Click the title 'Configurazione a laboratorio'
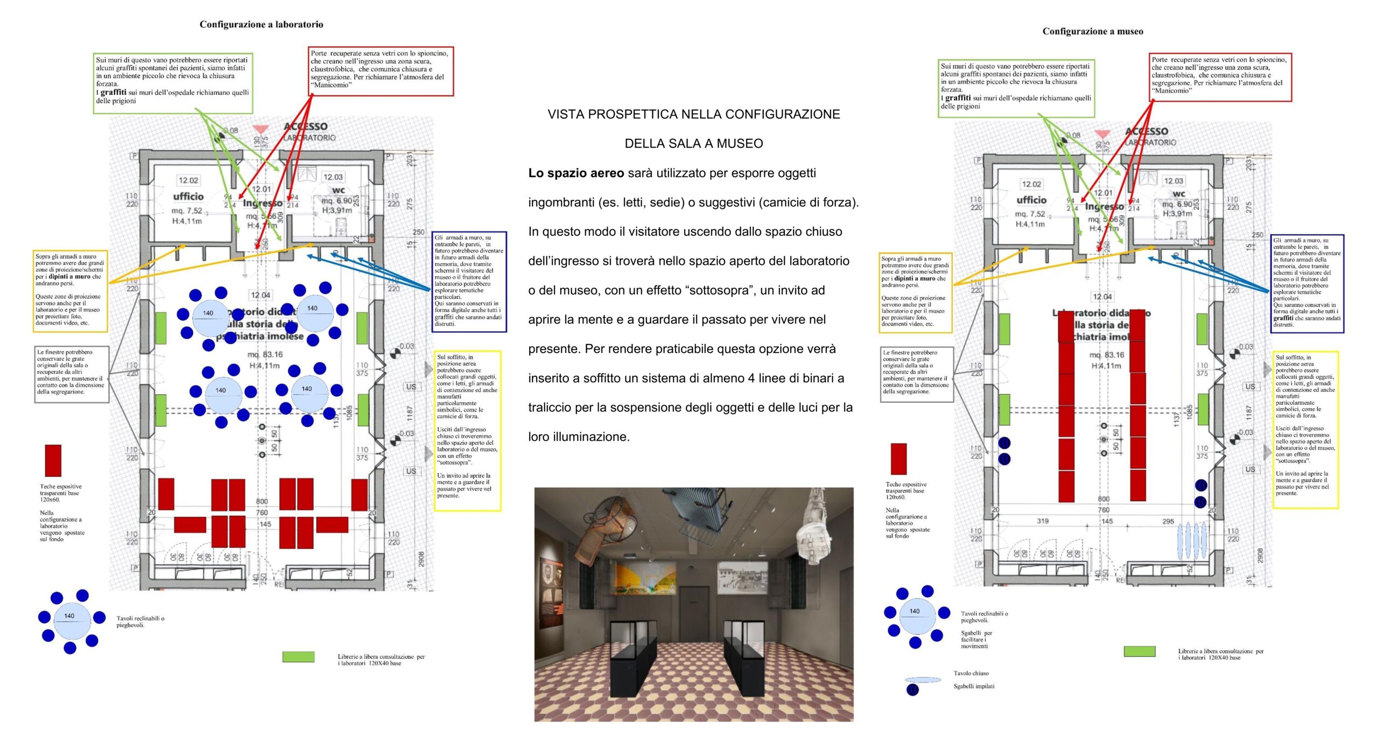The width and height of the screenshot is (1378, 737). tap(261, 24)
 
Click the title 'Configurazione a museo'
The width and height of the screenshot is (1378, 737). tap(1092, 31)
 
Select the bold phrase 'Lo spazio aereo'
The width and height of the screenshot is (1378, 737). tap(576, 173)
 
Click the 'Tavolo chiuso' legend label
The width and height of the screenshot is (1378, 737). tap(971, 673)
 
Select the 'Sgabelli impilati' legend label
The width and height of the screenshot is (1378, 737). tap(974, 686)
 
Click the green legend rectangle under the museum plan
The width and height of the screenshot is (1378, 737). tap(1140, 651)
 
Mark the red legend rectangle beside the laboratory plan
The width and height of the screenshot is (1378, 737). tap(53, 460)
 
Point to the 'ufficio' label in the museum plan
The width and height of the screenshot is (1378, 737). tap(1031, 200)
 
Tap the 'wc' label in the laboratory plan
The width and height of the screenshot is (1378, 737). tap(339, 189)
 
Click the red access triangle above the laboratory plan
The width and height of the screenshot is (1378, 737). tap(261, 129)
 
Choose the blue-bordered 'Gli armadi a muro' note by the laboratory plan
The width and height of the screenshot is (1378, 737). tap(469, 282)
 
